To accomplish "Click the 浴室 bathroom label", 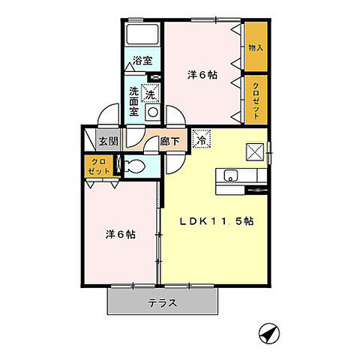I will pyautogui.click(x=142, y=60).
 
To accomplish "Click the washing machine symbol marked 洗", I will pyautogui.click(x=151, y=94).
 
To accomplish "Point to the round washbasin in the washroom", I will pyautogui.click(x=151, y=113).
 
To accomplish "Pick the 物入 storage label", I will pyautogui.click(x=256, y=47).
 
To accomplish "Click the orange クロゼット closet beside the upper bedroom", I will pyautogui.click(x=256, y=100).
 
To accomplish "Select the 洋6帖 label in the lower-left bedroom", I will pyautogui.click(x=119, y=234).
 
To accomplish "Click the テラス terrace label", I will pyautogui.click(x=162, y=303).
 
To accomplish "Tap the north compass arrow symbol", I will pyautogui.click(x=267, y=332).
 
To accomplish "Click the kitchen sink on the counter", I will pyautogui.click(x=229, y=177).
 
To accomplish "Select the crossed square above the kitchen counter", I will pyautogui.click(x=255, y=152).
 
